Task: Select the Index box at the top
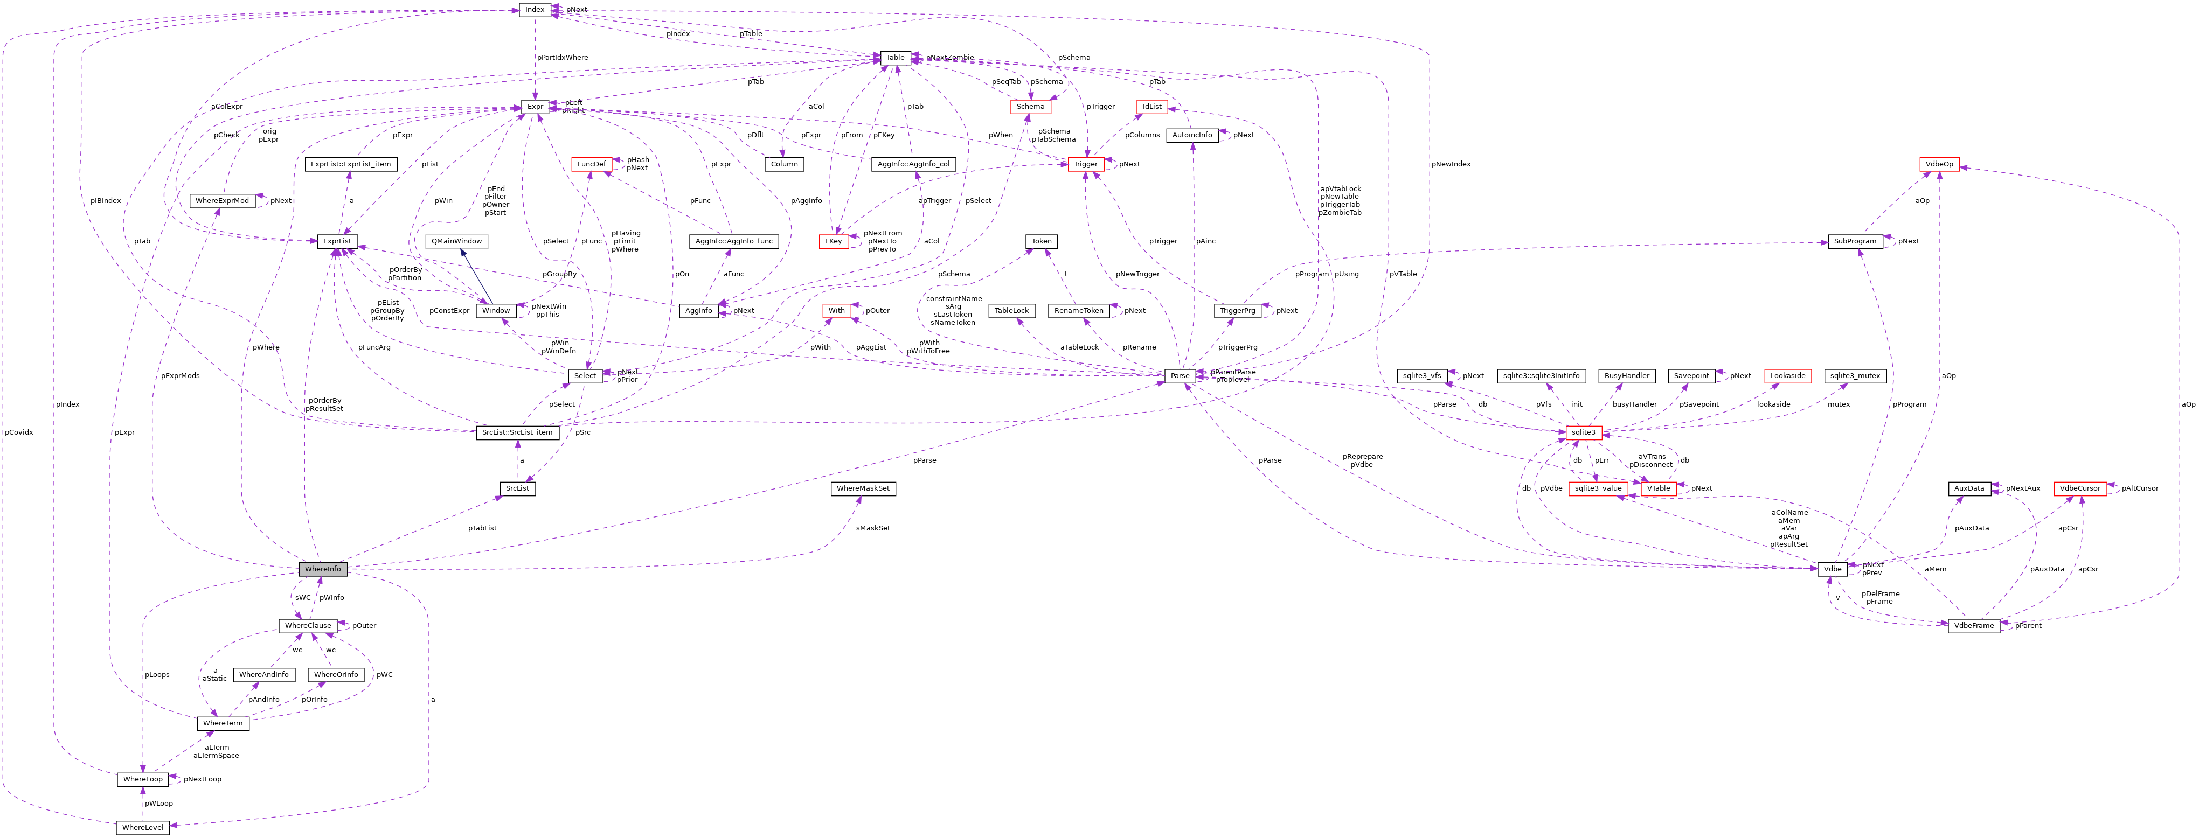coord(535,9)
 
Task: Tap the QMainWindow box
coord(457,241)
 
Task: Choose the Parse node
coord(1180,375)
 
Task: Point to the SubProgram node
coord(1855,241)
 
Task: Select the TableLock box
coord(1011,311)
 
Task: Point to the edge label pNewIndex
coord(1451,164)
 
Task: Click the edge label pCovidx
coord(19,432)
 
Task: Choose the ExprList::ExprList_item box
coord(350,164)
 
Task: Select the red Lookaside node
coord(1787,375)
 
